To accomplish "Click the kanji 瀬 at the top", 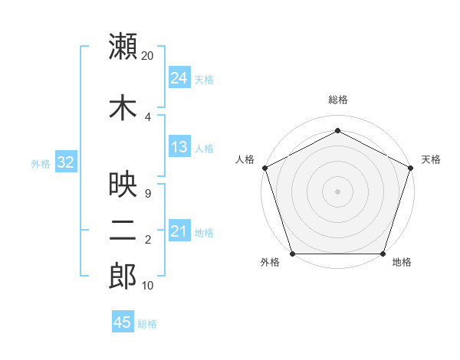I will click(123, 47).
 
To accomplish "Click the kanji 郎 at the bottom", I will click(123, 277).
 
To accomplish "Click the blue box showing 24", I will click(179, 77).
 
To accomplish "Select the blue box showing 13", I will click(179, 147).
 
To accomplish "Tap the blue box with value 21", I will click(179, 231).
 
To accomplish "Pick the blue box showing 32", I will click(64, 162).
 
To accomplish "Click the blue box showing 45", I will click(123, 322).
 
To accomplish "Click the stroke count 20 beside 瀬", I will click(147, 56).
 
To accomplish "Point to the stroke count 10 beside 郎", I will click(147, 286).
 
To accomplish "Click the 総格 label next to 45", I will click(147, 324).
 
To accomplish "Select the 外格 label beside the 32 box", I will click(41, 163).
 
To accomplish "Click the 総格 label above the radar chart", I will click(338, 100).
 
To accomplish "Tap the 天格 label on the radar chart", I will click(431, 159).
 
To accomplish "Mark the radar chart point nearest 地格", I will click(383, 254).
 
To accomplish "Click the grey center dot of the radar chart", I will click(338, 191).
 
